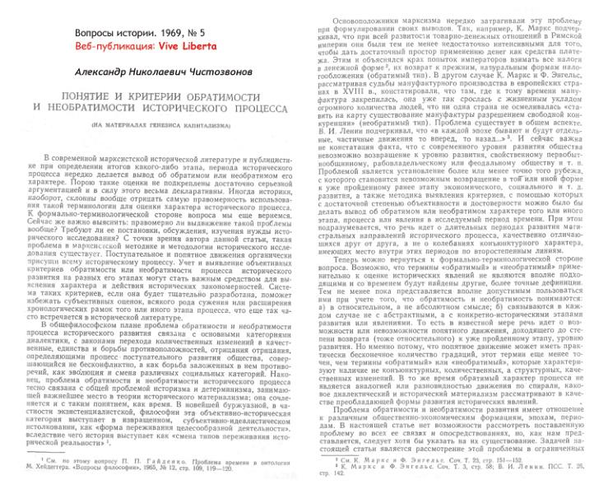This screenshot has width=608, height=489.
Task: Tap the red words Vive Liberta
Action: click(x=195, y=47)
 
